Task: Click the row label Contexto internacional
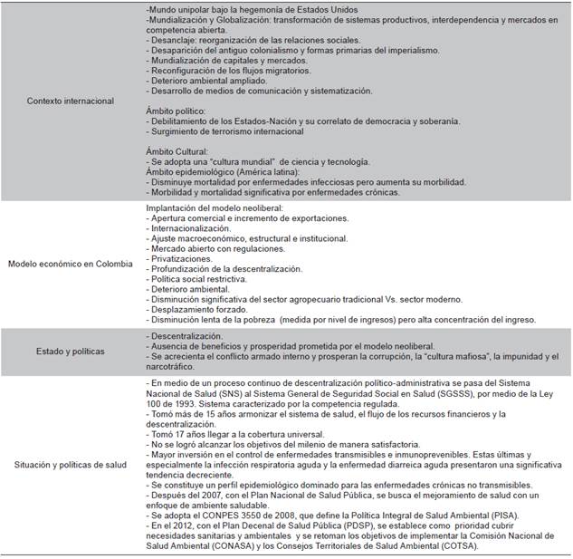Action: (x=71, y=101)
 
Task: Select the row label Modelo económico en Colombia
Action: (x=71, y=264)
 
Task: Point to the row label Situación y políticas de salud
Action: (x=71, y=465)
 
